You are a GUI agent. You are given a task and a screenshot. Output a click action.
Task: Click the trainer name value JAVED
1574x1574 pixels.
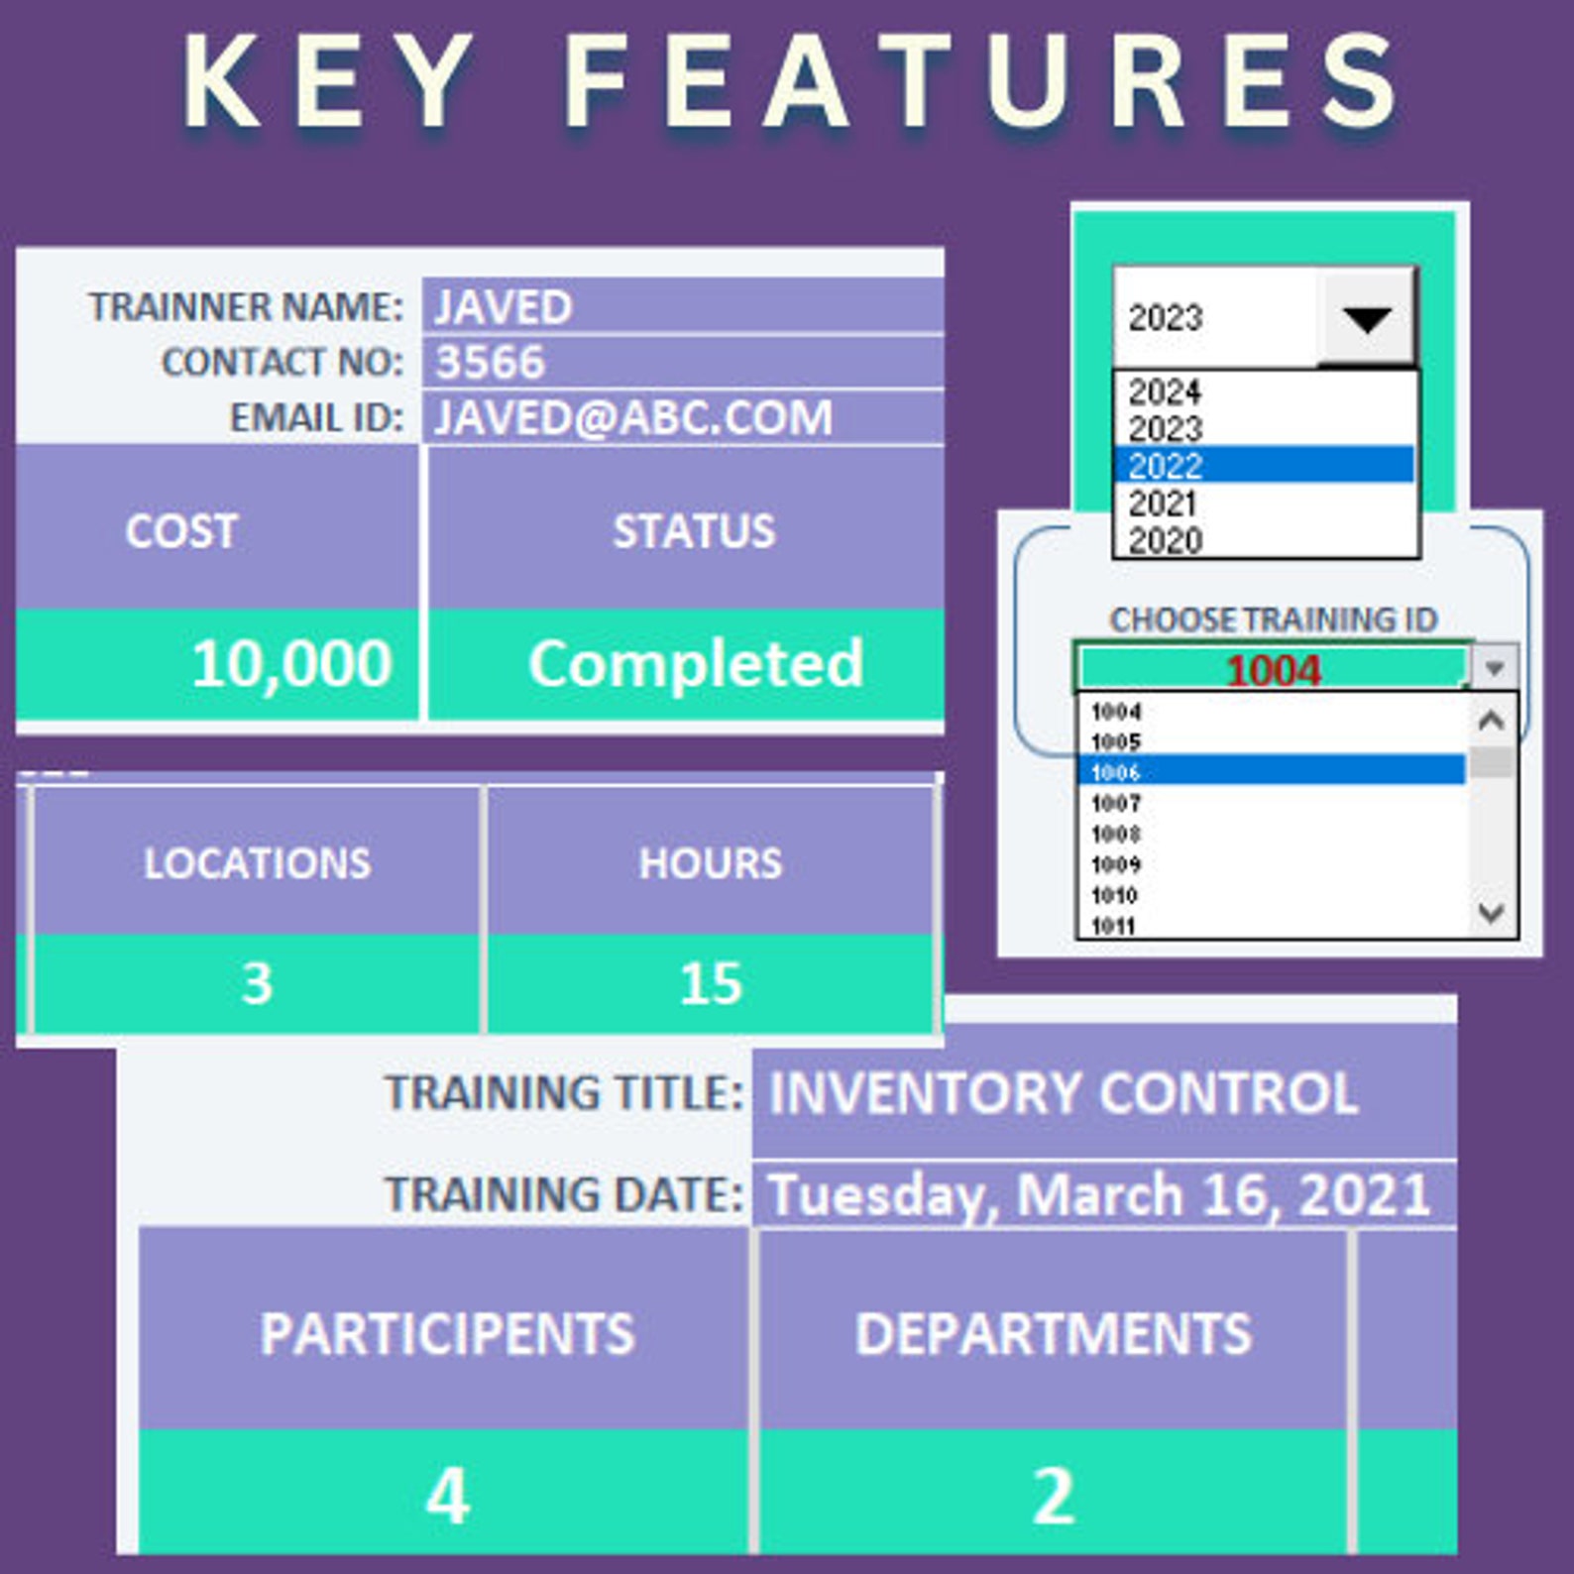[x=504, y=307]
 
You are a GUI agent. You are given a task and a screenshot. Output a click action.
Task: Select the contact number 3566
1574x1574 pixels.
[x=491, y=363]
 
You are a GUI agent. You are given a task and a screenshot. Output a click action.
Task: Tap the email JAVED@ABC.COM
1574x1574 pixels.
[x=633, y=417]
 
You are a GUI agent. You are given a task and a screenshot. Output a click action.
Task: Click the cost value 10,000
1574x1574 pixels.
[x=291, y=663]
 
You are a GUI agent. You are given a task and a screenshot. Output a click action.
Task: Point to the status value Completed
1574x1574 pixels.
[x=695, y=663]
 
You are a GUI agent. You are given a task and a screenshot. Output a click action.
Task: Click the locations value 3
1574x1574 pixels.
[x=257, y=983]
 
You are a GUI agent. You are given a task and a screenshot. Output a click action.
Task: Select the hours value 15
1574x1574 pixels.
[x=711, y=983]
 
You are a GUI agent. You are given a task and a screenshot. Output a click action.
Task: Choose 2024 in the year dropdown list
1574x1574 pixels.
[x=1165, y=393]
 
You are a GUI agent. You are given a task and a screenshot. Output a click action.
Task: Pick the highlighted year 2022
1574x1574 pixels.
[x=1166, y=466]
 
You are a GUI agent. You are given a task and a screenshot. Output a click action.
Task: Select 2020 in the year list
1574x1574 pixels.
[x=1166, y=540]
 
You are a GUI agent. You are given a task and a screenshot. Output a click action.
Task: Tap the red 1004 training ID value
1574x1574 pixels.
[x=1273, y=671]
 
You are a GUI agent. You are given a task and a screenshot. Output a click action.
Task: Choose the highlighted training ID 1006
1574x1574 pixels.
[x=1116, y=772]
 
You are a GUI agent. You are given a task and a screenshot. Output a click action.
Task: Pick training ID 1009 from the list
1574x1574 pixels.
[x=1116, y=864]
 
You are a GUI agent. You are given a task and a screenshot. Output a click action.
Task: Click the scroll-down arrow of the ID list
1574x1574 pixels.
[x=1492, y=912]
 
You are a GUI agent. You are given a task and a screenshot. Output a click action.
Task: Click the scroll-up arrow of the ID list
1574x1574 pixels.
[x=1492, y=721]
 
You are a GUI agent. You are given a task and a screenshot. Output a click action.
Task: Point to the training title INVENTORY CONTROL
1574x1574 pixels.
[x=1064, y=1093]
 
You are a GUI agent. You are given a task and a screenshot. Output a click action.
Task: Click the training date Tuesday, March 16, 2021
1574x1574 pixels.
[x=1100, y=1194]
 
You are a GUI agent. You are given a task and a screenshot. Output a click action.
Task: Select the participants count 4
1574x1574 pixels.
[x=447, y=1495]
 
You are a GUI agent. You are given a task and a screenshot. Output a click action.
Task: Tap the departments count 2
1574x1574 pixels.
[x=1053, y=1495]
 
